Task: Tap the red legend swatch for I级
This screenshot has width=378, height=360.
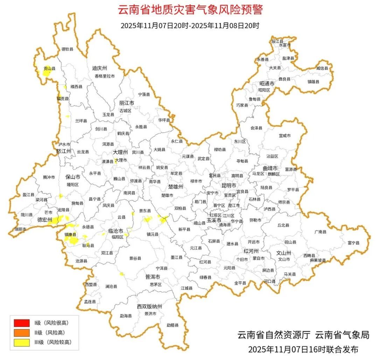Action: [x=22, y=323]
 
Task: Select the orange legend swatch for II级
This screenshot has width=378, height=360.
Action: [x=22, y=332]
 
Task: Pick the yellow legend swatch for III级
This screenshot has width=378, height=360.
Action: [x=22, y=342]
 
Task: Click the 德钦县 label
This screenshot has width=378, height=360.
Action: [x=68, y=49]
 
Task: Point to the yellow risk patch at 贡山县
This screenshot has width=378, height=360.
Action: [x=47, y=73]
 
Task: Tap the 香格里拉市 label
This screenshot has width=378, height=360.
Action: [x=104, y=76]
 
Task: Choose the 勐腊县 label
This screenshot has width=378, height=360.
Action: [x=173, y=325]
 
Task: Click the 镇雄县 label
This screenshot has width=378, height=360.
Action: [x=314, y=82]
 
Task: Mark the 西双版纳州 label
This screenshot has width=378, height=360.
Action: [x=149, y=306]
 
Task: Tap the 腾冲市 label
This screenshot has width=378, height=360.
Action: [x=49, y=177]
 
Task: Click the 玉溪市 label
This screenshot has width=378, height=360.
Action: [x=214, y=221]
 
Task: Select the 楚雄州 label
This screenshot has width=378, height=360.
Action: [x=176, y=187]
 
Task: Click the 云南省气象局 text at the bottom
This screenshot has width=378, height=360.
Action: [x=342, y=335]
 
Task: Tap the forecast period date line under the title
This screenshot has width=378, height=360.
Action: [x=190, y=26]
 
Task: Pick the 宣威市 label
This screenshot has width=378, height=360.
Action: [x=285, y=136]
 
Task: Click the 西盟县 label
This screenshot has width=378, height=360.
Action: [x=91, y=285]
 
